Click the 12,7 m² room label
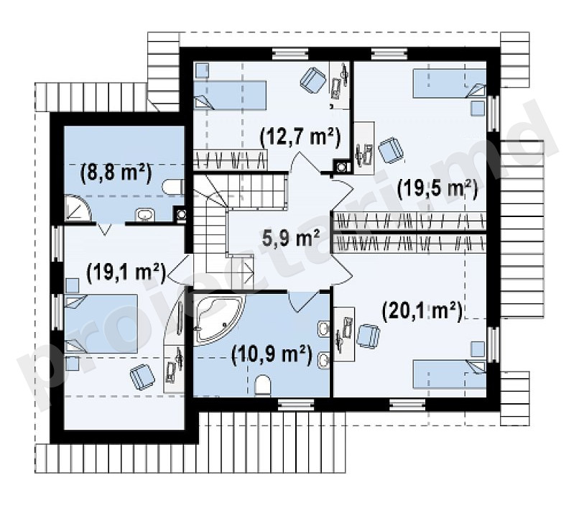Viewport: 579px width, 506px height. click(300, 138)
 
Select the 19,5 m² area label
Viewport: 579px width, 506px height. click(437, 189)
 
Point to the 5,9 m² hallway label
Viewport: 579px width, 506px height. click(291, 238)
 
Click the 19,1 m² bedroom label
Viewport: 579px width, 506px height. click(126, 273)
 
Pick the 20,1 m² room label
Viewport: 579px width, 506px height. click(422, 311)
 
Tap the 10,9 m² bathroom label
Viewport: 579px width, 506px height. click(272, 355)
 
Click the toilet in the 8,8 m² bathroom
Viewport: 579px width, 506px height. click(172, 187)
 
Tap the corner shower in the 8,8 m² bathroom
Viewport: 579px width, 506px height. click(78, 208)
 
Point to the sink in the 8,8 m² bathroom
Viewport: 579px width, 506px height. click(146, 215)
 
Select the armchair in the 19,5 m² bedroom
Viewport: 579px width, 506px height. click(391, 150)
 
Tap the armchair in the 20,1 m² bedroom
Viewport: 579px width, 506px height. click(369, 336)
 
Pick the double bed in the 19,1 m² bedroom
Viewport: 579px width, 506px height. click(101, 323)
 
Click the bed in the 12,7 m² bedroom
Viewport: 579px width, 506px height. click(230, 96)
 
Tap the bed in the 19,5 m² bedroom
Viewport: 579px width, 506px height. click(449, 83)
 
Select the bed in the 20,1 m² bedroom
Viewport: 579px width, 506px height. click(449, 374)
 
